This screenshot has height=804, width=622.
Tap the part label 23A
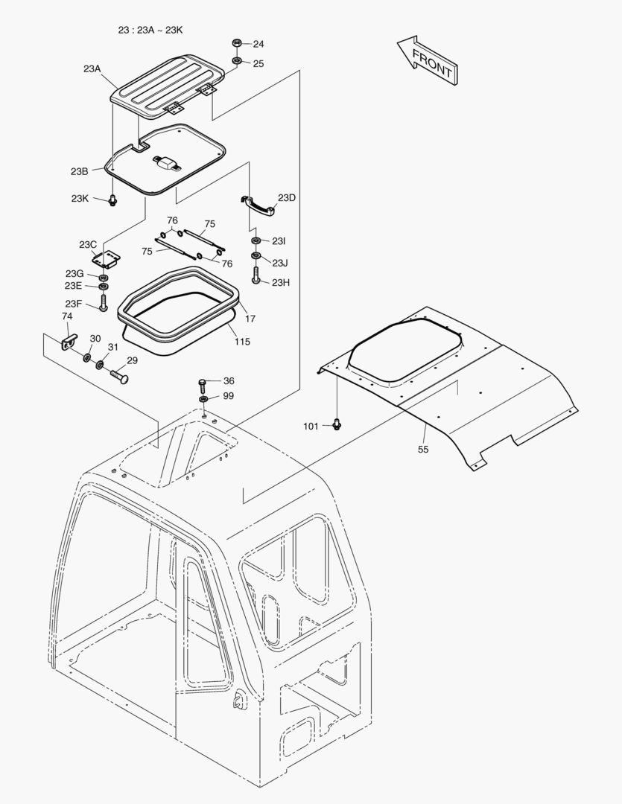click(x=92, y=68)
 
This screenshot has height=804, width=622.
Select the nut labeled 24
click(x=236, y=45)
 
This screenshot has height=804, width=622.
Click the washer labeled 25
click(x=236, y=60)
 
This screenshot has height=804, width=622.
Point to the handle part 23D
click(x=258, y=205)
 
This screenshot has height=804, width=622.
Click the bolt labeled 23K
click(x=112, y=200)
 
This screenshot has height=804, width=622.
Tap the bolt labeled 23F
click(x=103, y=302)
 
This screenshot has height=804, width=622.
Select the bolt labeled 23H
click(x=256, y=278)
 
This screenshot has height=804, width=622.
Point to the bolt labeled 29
click(x=118, y=376)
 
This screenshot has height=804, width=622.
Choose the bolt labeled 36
click(x=203, y=384)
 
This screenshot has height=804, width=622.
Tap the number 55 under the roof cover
click(x=422, y=450)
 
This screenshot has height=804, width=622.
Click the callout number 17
click(x=250, y=319)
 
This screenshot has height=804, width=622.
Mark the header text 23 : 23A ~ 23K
click(x=150, y=30)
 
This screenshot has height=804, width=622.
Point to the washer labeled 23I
click(x=256, y=242)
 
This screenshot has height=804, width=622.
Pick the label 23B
click(x=80, y=171)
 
